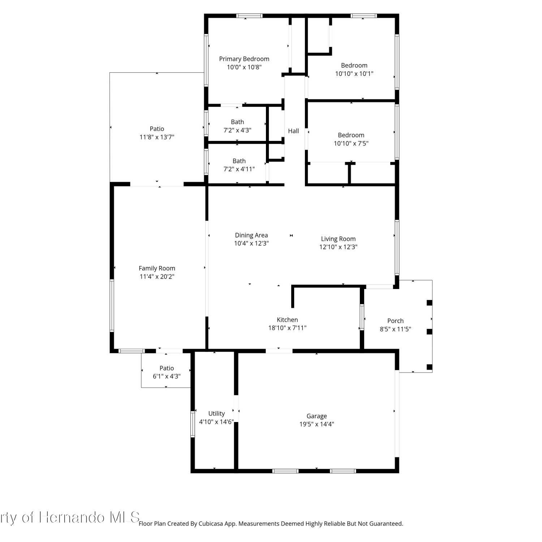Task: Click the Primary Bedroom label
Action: click(x=244, y=59)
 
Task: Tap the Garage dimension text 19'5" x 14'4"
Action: click(x=317, y=424)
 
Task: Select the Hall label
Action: click(x=293, y=131)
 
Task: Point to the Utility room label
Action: click(x=216, y=414)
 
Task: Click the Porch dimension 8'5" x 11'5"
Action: click(x=395, y=329)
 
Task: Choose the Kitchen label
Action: click(x=287, y=320)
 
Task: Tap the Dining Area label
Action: click(x=251, y=236)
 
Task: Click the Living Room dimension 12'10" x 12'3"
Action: click(x=338, y=247)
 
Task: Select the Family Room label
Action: click(x=157, y=268)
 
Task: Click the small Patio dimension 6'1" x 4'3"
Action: click(x=167, y=377)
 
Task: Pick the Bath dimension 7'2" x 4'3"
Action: click(x=237, y=130)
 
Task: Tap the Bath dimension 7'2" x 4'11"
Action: click(x=239, y=169)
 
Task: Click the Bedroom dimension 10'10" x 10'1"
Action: click(x=354, y=74)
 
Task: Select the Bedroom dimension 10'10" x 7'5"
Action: click(x=351, y=143)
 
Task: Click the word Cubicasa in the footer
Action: click(x=211, y=524)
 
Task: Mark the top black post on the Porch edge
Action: click(x=429, y=303)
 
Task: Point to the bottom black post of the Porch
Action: click(x=429, y=367)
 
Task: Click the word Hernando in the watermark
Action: click(x=72, y=517)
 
